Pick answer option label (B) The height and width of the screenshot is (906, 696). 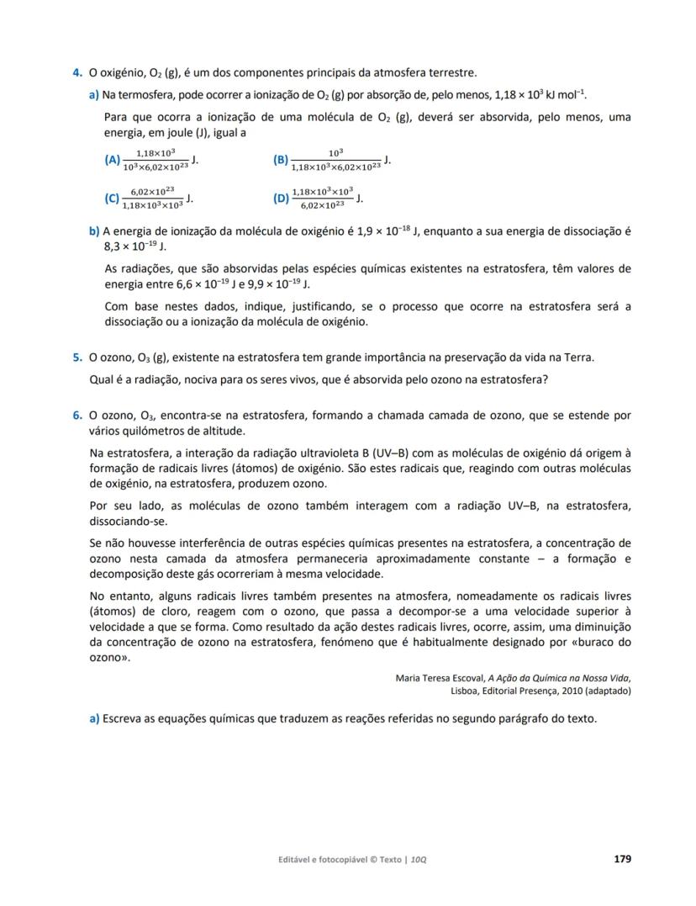(x=281, y=159)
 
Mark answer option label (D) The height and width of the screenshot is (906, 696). (x=281, y=199)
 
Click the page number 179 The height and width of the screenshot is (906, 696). (x=622, y=859)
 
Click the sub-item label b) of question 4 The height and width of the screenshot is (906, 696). (x=94, y=230)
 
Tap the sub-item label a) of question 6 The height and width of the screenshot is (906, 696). (x=94, y=719)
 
